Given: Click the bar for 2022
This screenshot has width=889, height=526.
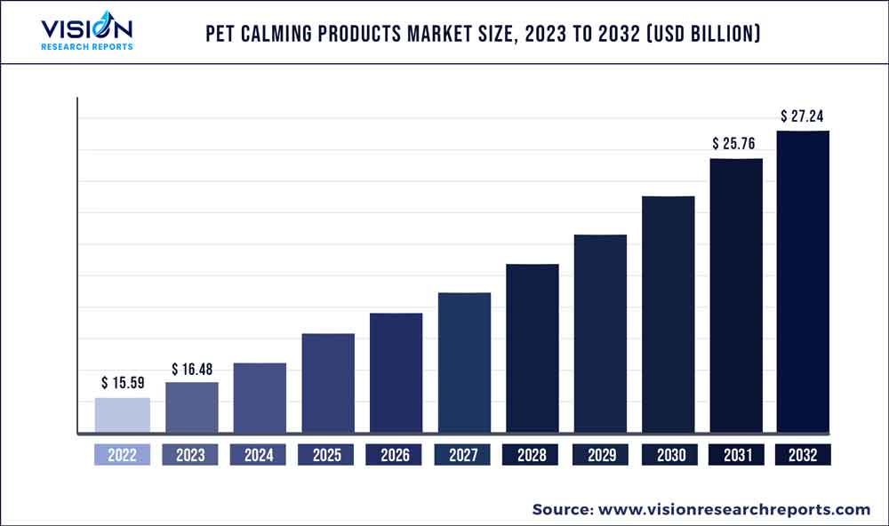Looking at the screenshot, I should tap(123, 416).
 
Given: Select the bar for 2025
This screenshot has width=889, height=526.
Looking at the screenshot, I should tap(328, 384).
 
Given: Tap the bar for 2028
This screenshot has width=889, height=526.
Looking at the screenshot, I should tap(533, 349).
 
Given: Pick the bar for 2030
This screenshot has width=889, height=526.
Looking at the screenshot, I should tap(669, 315).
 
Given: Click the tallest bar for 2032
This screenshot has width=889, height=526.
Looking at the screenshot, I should tap(804, 283).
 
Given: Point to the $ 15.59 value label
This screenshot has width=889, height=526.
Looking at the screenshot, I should tap(123, 383).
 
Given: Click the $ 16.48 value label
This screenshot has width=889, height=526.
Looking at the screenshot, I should tap(192, 369).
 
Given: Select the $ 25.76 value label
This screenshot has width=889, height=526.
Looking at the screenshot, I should tap(735, 143).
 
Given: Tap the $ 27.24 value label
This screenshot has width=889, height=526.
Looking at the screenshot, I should tap(804, 116).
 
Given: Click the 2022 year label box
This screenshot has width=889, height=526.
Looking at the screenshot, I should tap(123, 455).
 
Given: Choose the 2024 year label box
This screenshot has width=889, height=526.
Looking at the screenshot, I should tap(259, 455).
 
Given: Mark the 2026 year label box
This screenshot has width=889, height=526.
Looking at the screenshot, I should tap(396, 455).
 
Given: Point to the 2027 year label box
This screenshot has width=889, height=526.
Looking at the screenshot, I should tap(464, 455).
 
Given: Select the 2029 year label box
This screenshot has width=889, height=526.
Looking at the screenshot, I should tap(600, 455).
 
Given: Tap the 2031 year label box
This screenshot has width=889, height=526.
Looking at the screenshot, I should tap(735, 455).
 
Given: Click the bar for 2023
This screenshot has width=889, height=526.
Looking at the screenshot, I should tap(192, 408).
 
